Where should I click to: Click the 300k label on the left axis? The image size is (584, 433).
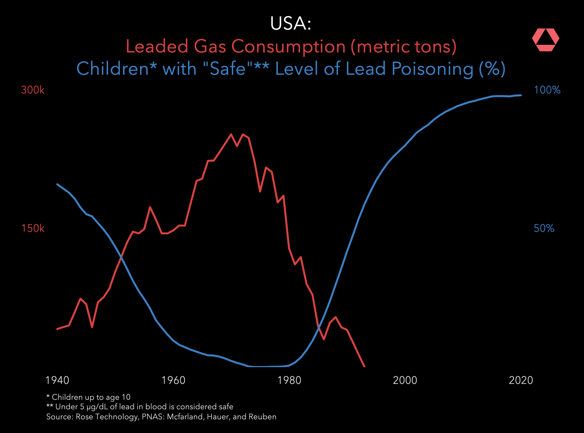tap(33, 90)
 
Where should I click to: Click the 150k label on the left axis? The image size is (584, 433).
tap(33, 228)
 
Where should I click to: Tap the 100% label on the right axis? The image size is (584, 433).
tap(547, 90)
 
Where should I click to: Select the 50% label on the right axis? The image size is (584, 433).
tap(544, 228)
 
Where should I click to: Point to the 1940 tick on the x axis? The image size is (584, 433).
tap(57, 380)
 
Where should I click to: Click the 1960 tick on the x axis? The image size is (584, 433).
tap(173, 380)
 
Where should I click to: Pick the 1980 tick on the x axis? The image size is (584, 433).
tap(289, 380)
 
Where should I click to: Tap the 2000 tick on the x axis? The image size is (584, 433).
tap(405, 380)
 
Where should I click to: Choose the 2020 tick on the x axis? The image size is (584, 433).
tap(521, 380)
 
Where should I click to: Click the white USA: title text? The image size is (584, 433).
tap(291, 23)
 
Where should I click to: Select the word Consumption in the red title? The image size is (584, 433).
tap(288, 46)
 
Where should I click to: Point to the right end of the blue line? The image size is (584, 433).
tap(521, 95)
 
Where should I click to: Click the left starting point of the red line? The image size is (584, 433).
tap(57, 329)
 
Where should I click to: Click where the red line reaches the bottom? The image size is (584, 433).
tap(364, 366)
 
